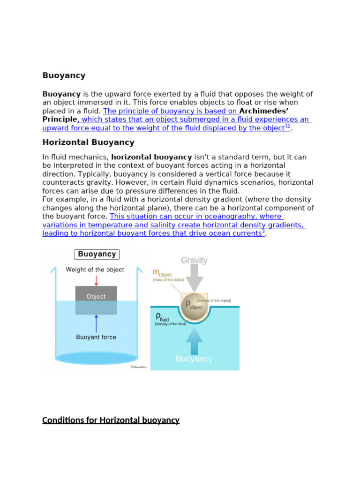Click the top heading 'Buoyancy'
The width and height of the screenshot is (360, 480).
(x=64, y=75)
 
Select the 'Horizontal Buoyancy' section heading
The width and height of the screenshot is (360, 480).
(x=88, y=142)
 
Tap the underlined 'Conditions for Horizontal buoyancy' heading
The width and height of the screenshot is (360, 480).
(x=111, y=420)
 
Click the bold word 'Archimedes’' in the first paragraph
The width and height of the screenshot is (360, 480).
(x=263, y=111)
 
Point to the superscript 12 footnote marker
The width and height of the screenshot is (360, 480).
(x=287, y=127)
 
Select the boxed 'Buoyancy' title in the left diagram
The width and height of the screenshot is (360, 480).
(x=97, y=255)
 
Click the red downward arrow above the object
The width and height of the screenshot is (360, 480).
(x=96, y=280)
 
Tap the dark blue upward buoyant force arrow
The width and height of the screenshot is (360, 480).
(x=96, y=323)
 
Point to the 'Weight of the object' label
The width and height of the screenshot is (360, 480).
(x=95, y=270)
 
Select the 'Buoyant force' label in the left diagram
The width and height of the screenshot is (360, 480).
(x=96, y=337)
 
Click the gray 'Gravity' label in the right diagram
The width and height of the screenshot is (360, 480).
(x=194, y=261)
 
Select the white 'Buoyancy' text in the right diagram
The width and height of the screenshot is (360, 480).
(x=194, y=359)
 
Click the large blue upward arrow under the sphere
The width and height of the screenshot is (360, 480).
(x=194, y=340)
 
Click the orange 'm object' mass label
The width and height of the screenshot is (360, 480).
(x=162, y=273)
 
